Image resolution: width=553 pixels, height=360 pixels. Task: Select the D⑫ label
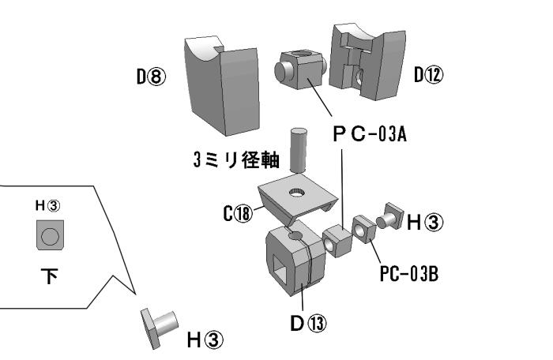(427, 76)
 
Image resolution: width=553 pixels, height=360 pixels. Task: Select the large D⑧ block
(222, 83)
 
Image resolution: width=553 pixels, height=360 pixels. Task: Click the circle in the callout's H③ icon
(48, 235)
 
